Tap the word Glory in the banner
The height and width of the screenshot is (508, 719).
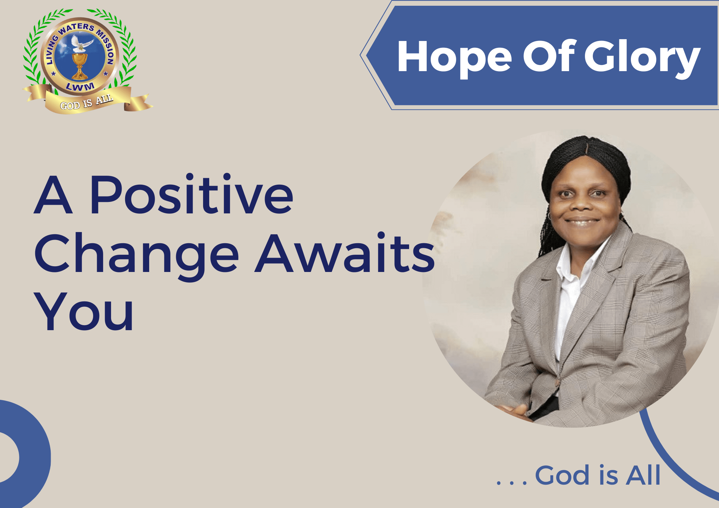pos(642,57)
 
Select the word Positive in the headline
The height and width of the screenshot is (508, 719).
pos(192,194)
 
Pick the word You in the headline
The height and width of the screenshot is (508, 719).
pos(83,311)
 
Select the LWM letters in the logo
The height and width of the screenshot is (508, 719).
pos(80,86)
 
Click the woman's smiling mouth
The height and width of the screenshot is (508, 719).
pos(582,222)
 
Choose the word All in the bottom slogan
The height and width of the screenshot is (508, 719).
pos(643,475)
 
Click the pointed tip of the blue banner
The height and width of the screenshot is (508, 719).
pos(361,55)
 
